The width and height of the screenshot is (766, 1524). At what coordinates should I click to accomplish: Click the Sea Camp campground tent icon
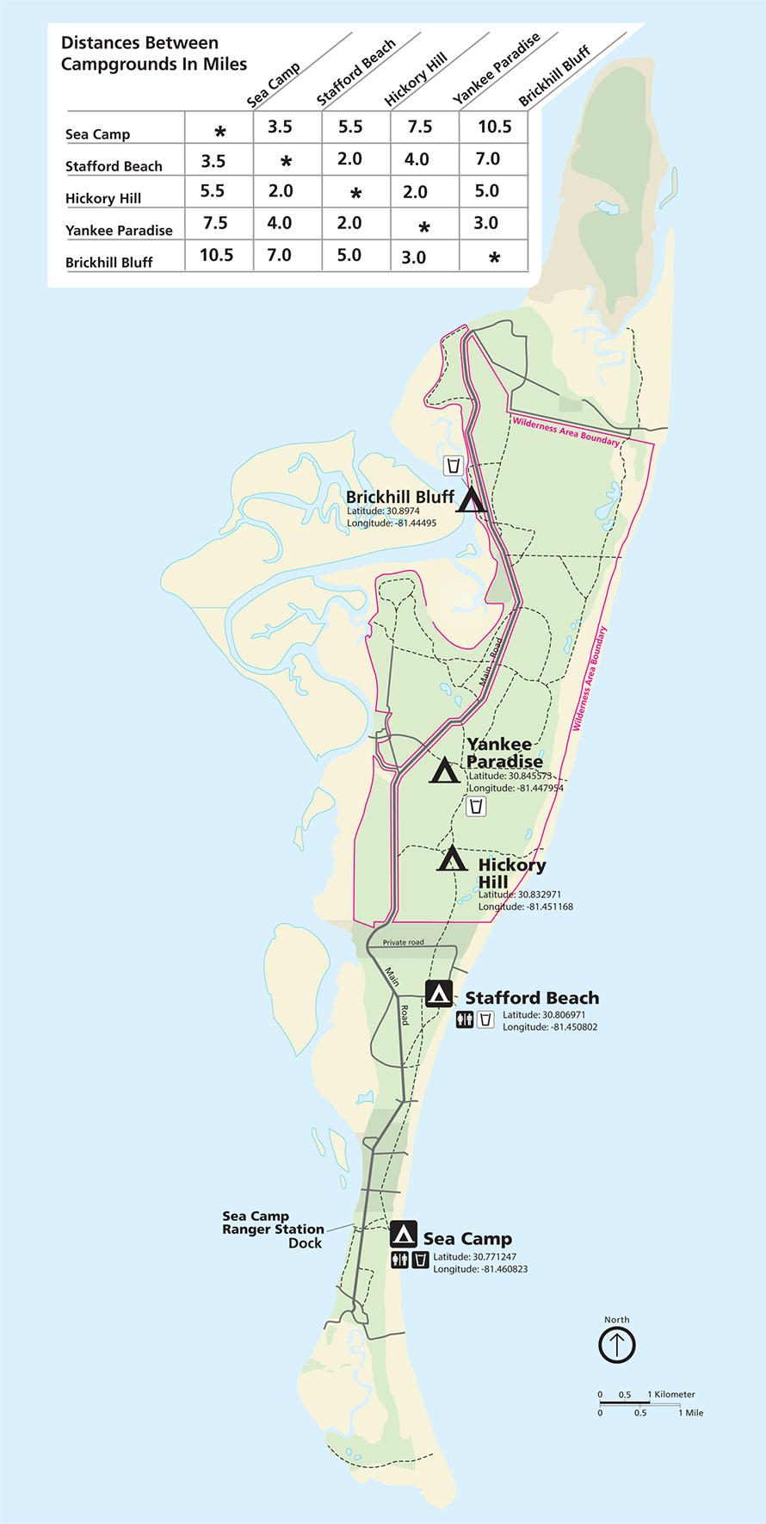pyautogui.click(x=403, y=1234)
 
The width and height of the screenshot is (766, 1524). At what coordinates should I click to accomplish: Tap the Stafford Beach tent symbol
pyautogui.click(x=439, y=994)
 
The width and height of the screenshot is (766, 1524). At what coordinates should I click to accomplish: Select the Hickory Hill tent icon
pyautogui.click(x=452, y=858)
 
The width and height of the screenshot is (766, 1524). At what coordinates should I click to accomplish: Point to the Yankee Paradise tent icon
pyautogui.click(x=444, y=770)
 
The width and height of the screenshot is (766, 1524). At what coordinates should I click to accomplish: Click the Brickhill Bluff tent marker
pyautogui.click(x=470, y=499)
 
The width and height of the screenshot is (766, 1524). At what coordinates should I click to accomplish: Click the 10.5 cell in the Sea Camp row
pyautogui.click(x=495, y=127)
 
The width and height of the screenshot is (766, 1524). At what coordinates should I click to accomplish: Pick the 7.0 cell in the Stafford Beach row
pyautogui.click(x=487, y=159)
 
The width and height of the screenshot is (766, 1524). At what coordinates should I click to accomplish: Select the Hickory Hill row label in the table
pyautogui.click(x=103, y=198)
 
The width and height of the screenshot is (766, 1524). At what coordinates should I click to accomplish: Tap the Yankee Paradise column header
pyautogui.click(x=497, y=69)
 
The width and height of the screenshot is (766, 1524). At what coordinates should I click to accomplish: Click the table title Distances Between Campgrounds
pyautogui.click(x=153, y=53)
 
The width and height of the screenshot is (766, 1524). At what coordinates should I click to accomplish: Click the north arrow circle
pyautogui.click(x=616, y=1344)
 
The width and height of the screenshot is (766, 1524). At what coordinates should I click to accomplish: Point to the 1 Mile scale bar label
pyautogui.click(x=691, y=1413)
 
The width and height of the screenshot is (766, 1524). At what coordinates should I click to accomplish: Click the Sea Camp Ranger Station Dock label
pyautogui.click(x=273, y=1230)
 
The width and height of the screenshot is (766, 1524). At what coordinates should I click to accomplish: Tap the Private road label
pyautogui.click(x=403, y=942)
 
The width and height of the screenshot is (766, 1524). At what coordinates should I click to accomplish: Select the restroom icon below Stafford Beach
pyautogui.click(x=465, y=1020)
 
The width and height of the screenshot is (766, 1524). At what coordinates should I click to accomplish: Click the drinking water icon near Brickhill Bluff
pyautogui.click(x=454, y=466)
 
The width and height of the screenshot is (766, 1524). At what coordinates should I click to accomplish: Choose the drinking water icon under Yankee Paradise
pyautogui.click(x=476, y=806)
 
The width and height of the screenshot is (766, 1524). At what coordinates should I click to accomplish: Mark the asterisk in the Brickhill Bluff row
pyautogui.click(x=494, y=257)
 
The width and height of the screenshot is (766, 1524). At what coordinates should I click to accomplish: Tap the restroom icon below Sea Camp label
pyautogui.click(x=399, y=1261)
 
